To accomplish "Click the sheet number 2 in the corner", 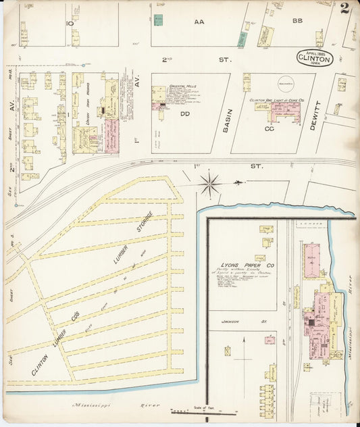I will click(345, 9).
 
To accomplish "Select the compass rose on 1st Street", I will click(211, 182).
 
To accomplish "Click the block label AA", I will click(199, 22).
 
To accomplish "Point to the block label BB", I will click(297, 22).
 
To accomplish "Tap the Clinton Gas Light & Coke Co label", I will click(276, 100).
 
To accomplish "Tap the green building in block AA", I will click(158, 20).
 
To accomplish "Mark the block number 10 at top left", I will click(70, 23).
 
